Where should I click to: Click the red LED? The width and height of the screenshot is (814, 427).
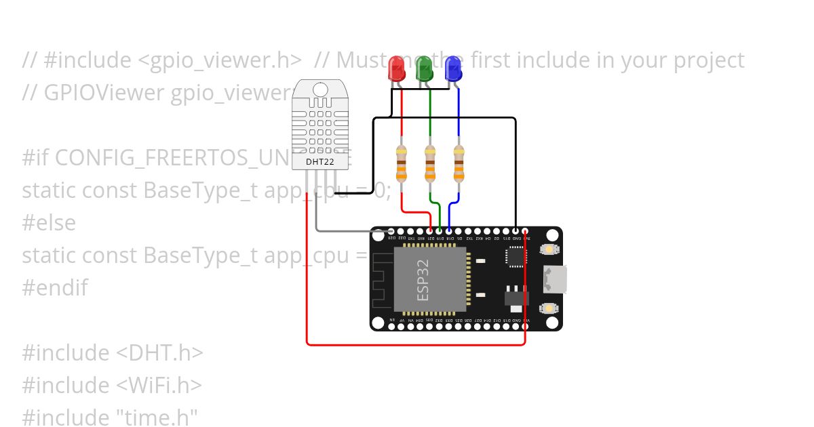tap(395, 69)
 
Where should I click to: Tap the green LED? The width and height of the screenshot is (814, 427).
tap(424, 69)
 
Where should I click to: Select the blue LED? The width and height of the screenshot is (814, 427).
tap(452, 69)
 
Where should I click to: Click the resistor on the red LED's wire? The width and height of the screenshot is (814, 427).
tap(402, 163)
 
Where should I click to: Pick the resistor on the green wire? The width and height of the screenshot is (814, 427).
tap(430, 163)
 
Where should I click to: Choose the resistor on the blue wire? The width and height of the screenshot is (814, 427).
tap(459, 163)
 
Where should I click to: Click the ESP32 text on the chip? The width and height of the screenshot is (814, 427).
tap(423, 280)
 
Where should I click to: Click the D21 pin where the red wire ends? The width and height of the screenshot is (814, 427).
tap(430, 231)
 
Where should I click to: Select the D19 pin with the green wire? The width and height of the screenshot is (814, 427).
tap(440, 231)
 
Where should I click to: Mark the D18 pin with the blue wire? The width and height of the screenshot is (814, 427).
tap(449, 231)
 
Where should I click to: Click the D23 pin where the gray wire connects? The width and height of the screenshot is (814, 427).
tap(392, 231)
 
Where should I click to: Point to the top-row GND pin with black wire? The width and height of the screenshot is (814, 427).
tap(516, 231)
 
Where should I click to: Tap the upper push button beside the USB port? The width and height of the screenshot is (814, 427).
tap(548, 249)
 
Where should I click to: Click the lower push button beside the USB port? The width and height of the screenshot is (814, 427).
tap(548, 308)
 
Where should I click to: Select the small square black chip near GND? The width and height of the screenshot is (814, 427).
tap(516, 256)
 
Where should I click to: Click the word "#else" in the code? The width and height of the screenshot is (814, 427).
tap(49, 223)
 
